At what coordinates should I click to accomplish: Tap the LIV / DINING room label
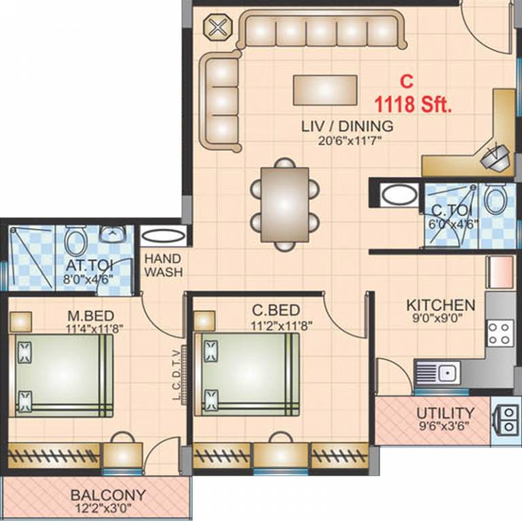click(347, 126)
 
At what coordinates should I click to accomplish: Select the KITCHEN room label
click(440, 304)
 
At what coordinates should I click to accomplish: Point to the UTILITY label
click(445, 413)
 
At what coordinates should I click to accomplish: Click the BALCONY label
click(108, 495)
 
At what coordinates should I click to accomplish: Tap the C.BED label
click(272, 312)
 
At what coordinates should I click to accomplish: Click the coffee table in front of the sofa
click(325, 90)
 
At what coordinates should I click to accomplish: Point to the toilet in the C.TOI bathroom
click(494, 198)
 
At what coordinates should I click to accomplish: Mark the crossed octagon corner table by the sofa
click(217, 28)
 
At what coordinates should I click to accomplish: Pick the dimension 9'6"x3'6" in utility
click(445, 427)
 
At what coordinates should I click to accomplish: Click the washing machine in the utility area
click(506, 419)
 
